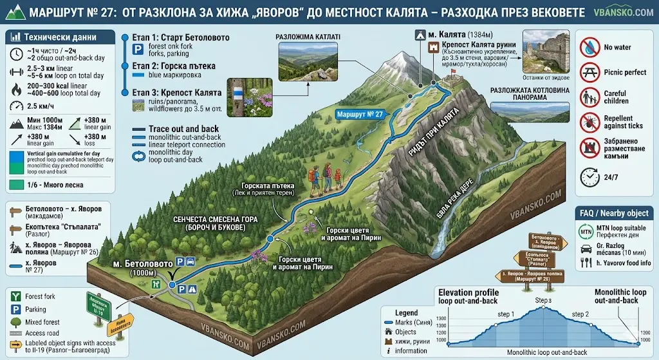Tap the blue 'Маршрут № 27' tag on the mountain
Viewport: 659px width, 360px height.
pyautogui.click(x=360, y=114)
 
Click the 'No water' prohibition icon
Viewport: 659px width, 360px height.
pyautogui.click(x=589, y=47)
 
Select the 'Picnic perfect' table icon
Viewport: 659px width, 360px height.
pyautogui.click(x=589, y=72)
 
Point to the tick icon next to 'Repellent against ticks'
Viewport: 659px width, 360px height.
pyautogui.click(x=589, y=123)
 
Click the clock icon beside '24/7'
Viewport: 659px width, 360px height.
pyautogui.click(x=589, y=175)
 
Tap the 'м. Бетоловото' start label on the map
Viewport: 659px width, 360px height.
pyautogui.click(x=142, y=264)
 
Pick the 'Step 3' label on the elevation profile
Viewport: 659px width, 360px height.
pyautogui.click(x=543, y=301)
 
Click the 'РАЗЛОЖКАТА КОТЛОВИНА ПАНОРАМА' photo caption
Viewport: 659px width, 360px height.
pyautogui.click(x=530, y=94)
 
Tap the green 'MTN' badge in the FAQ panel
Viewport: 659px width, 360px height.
pyautogui.click(x=587, y=229)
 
